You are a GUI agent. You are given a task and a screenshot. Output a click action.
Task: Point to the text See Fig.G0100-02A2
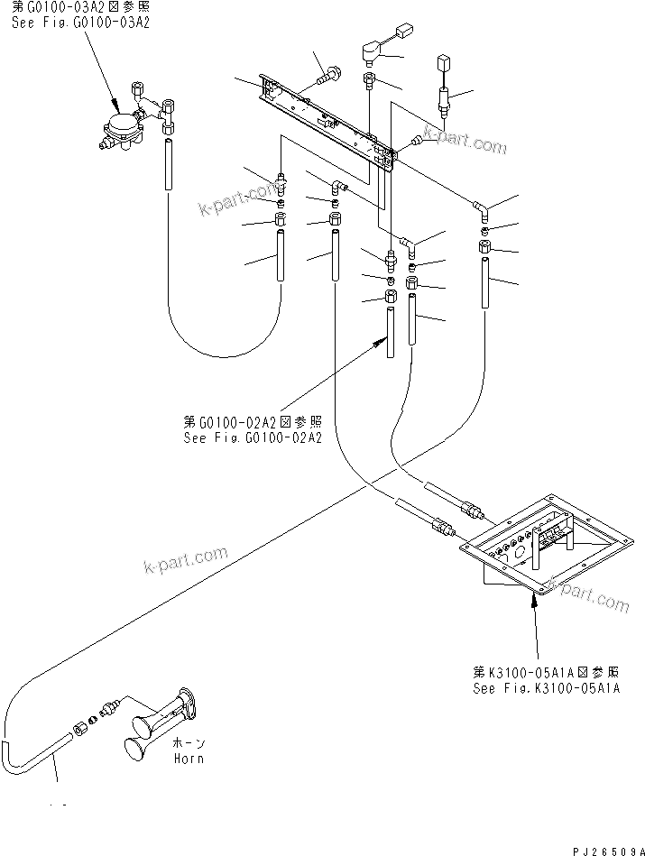point(252,437)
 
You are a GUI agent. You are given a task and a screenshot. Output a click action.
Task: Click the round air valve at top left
point(119,125)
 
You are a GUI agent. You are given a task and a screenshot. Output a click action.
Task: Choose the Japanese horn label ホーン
point(185,742)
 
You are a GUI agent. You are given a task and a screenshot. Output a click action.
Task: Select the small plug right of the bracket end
point(416,141)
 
